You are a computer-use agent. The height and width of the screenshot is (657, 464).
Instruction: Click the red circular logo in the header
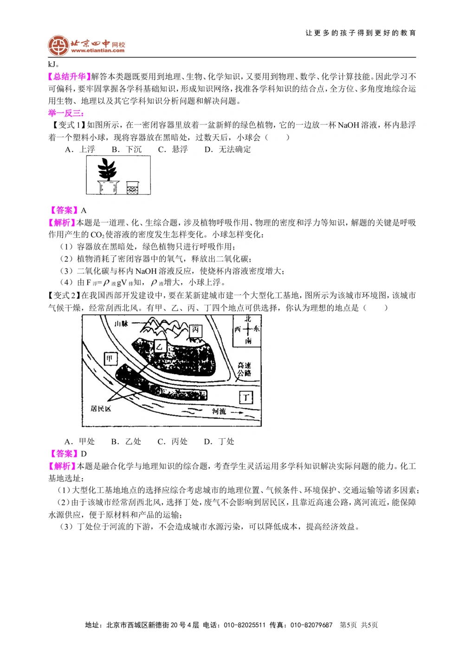tap(58, 46)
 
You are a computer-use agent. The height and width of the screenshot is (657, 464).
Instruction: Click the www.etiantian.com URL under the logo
tap(98, 51)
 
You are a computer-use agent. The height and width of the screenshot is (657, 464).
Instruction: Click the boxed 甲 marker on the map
tap(110, 358)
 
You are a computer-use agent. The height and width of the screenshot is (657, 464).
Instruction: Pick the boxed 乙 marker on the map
tap(160, 346)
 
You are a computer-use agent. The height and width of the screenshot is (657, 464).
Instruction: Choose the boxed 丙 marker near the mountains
tap(195, 330)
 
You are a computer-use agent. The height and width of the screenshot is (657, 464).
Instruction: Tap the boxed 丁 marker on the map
tap(246, 397)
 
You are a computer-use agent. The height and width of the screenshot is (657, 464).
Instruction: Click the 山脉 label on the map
tap(121, 323)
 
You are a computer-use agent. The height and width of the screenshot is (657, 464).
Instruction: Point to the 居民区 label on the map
tap(101, 409)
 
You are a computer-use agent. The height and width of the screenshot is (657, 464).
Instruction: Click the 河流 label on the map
tap(219, 411)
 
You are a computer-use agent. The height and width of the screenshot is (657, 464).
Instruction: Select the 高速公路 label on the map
tap(245, 369)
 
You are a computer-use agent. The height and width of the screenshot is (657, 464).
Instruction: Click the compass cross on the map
tap(247, 329)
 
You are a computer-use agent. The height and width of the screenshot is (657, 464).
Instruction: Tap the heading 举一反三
tap(65, 113)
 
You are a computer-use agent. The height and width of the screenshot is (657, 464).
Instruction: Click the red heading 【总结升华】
tap(69, 77)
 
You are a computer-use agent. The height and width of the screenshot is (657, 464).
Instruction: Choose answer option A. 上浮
tap(80, 149)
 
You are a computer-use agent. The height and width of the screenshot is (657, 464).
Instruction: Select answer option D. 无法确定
tap(227, 149)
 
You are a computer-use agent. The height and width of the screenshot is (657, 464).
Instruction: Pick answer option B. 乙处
tap(126, 441)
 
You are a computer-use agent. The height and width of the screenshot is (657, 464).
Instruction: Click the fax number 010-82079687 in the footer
tap(311, 625)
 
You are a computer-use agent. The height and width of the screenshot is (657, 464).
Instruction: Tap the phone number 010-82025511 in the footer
tap(245, 625)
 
